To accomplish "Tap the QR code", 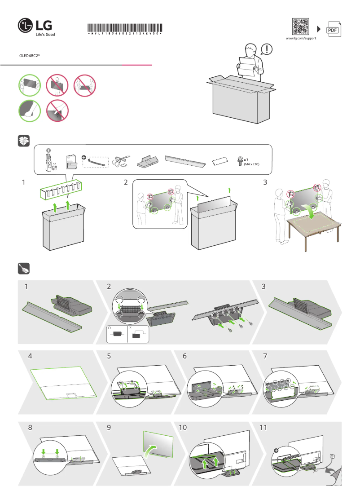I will coord(300,27).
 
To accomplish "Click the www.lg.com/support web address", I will coord(301,39).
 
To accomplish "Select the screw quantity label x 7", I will coord(246,159).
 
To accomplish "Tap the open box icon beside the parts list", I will coord(23,141).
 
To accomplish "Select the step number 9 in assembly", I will coord(109,428).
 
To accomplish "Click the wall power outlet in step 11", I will coord(332,456).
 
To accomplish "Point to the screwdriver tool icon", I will coord(23,268).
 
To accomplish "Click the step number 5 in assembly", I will coord(109,356).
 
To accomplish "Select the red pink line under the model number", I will coord(137,65).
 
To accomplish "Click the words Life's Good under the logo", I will coord(45,34).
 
